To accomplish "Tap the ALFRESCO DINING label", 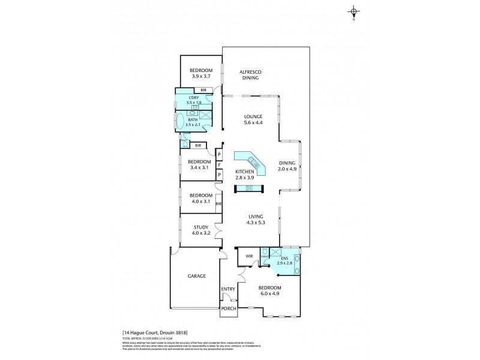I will [x=251, y=74].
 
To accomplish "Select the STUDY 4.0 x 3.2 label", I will [x=200, y=230].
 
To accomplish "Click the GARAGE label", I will [x=196, y=276].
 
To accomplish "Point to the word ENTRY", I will [x=228, y=290].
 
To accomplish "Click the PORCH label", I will [x=229, y=309].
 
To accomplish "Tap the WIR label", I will [x=249, y=257].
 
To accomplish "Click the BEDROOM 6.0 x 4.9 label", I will [x=269, y=290].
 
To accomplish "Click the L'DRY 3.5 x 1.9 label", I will [x=194, y=100].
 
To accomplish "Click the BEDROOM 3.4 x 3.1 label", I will [x=200, y=164].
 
